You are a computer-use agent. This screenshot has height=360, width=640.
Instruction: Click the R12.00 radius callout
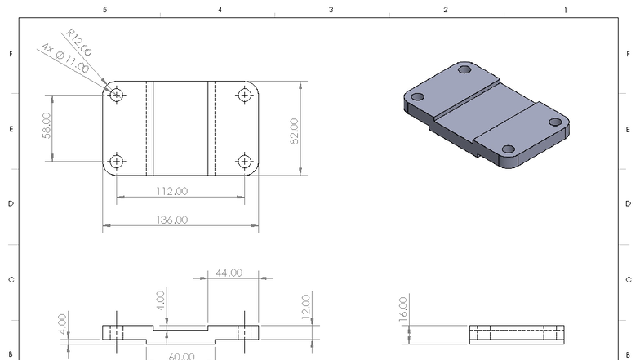click(80, 42)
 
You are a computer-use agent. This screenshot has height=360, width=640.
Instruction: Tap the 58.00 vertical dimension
click(47, 127)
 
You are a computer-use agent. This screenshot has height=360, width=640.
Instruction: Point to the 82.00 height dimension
click(294, 131)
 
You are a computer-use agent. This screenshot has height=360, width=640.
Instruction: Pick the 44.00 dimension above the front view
click(229, 273)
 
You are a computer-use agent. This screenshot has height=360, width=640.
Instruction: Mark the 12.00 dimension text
click(305, 308)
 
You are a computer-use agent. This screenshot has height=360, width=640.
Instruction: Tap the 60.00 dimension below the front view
click(181, 356)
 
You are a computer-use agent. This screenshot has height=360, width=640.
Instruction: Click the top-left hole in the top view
click(118, 95)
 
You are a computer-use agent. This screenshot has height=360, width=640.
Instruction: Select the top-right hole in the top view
click(244, 95)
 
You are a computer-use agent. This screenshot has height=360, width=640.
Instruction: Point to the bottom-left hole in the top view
click(118, 161)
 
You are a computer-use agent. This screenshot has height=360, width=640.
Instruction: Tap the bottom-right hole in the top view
click(244, 161)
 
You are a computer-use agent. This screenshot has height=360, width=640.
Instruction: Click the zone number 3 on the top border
click(331, 10)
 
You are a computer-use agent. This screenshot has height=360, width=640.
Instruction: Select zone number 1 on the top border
click(565, 10)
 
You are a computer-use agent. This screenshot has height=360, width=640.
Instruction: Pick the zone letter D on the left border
click(11, 204)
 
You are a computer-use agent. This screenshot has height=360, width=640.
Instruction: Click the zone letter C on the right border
click(629, 280)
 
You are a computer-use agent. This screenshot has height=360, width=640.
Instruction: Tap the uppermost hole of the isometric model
click(465, 71)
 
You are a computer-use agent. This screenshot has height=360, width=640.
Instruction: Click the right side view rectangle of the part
click(518, 334)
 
